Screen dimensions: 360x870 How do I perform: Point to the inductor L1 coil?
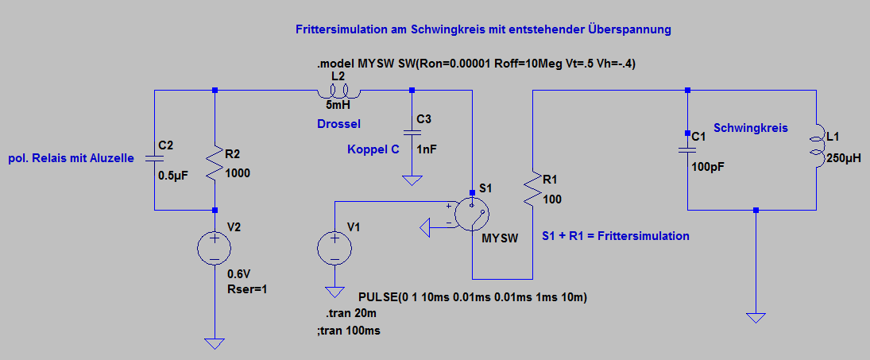click(x=816, y=149)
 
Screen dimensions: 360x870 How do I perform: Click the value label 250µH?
click(x=844, y=159)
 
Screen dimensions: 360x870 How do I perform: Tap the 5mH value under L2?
click(x=338, y=105)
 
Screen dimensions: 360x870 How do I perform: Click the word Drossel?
click(x=338, y=124)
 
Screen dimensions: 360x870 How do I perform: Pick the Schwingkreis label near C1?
click(x=750, y=127)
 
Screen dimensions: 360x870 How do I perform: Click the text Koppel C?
click(x=373, y=149)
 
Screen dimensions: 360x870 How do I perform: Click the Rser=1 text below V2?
click(x=246, y=288)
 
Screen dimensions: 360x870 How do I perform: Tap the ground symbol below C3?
click(x=412, y=180)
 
